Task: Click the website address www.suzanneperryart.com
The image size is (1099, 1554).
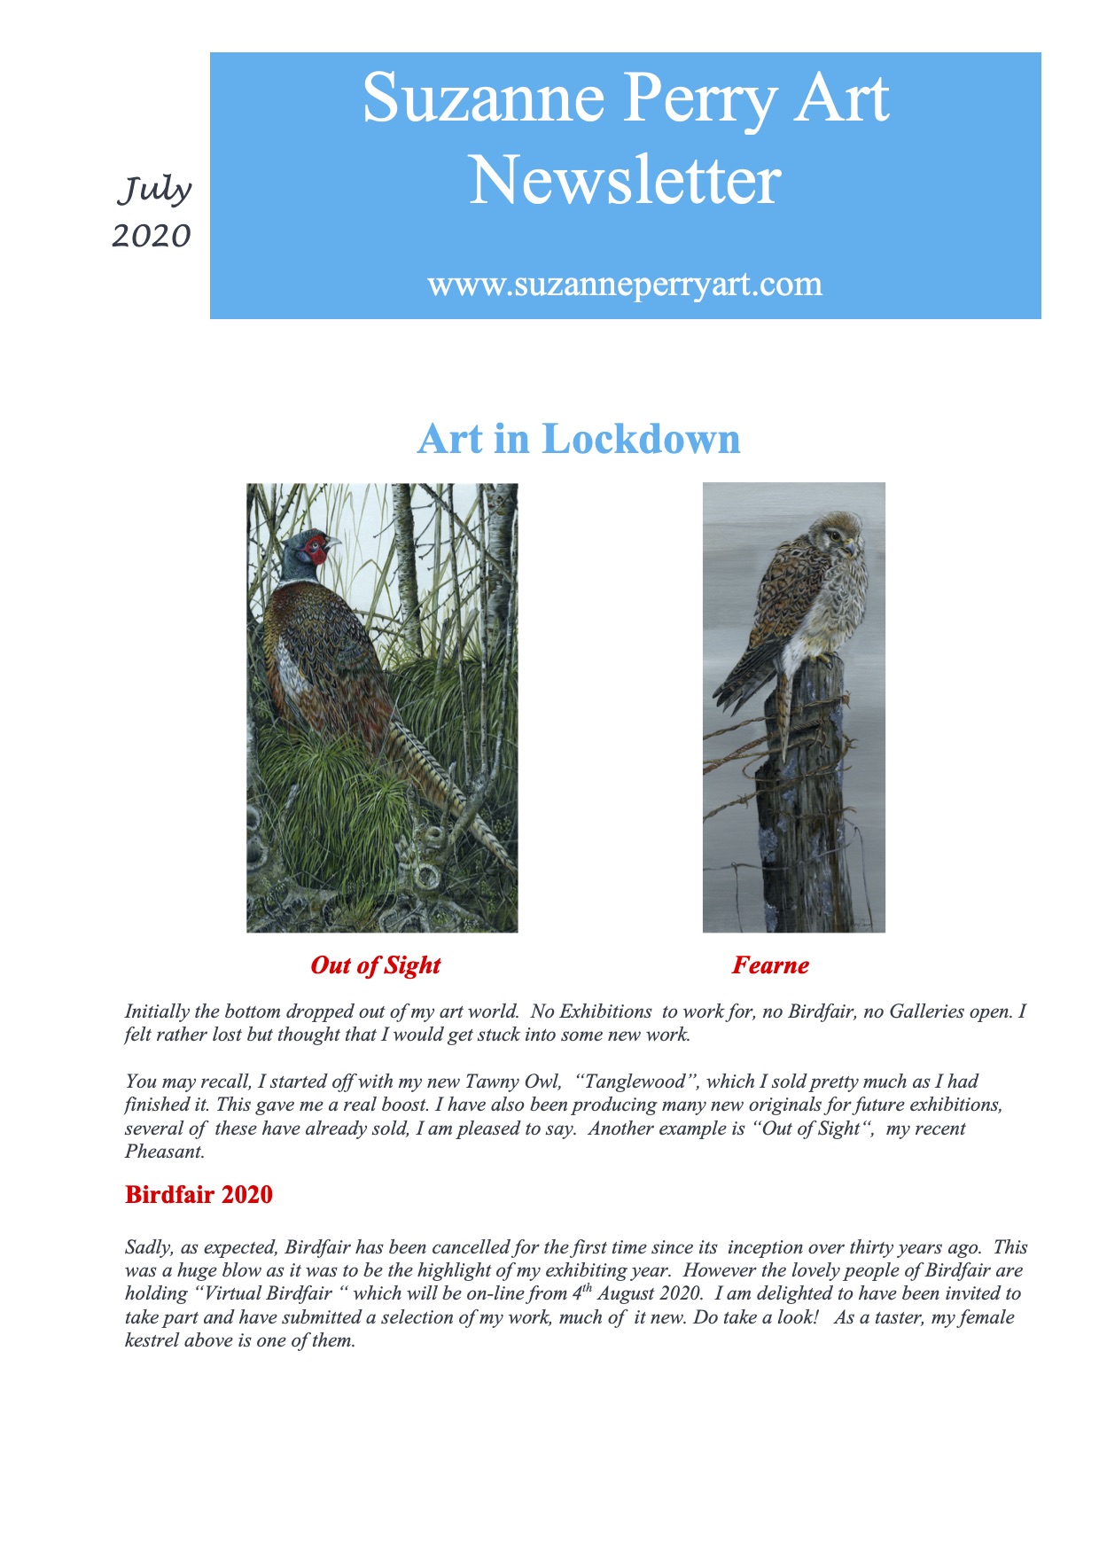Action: (625, 285)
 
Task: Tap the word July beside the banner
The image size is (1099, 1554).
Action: (155, 190)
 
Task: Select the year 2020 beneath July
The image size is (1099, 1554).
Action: (152, 236)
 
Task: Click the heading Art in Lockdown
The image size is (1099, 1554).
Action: (579, 439)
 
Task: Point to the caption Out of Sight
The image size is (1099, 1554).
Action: (375, 965)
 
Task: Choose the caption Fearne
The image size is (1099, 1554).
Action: (770, 965)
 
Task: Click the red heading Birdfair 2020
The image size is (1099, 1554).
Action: (199, 1195)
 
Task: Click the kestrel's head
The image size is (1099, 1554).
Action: (838, 534)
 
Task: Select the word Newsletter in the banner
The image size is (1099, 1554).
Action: (625, 181)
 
